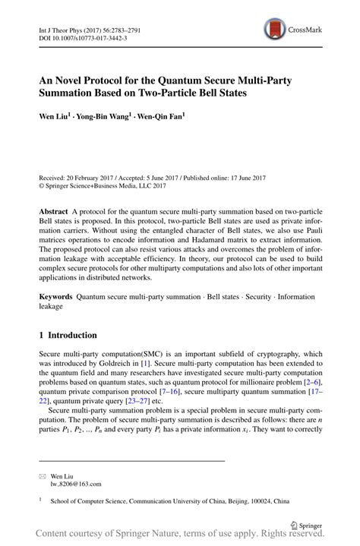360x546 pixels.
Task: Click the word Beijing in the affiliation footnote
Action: (x=245, y=501)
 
